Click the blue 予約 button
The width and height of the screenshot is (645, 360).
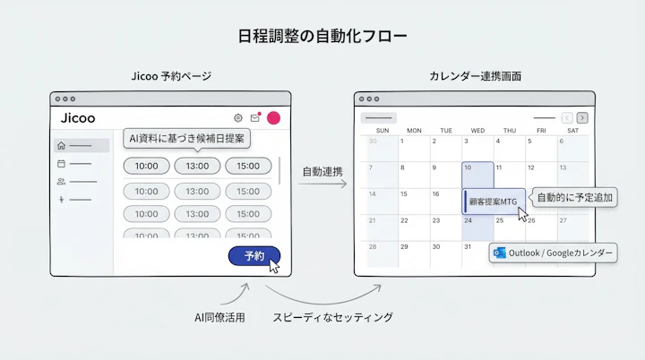[254, 256]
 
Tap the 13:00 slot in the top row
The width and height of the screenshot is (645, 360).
[197, 166]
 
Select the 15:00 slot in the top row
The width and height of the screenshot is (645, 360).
[248, 166]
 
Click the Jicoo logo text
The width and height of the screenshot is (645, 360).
[78, 118]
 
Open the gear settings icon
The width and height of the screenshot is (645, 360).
[238, 118]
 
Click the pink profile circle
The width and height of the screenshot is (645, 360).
[273, 118]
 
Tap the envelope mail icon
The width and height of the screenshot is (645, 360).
[255, 118]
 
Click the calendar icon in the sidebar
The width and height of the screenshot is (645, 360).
[61, 164]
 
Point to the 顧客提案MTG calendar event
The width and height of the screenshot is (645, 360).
[492, 201]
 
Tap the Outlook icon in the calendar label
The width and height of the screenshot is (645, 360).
[500, 253]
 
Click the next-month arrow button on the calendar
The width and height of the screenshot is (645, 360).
[582, 117]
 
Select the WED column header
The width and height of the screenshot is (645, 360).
[477, 131]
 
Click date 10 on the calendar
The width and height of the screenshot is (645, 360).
[468, 167]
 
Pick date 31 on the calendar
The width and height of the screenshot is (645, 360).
[468, 246]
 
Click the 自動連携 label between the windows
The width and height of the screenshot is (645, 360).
[322, 170]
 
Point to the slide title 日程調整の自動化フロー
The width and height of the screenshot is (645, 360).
[322, 37]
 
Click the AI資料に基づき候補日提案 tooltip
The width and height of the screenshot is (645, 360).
[187, 139]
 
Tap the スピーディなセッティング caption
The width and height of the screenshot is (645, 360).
[332, 317]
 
